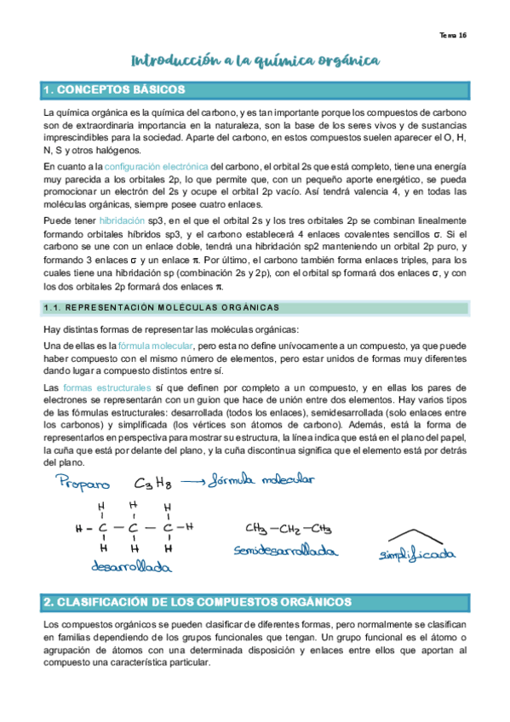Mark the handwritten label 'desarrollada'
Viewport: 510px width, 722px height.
click(x=127, y=566)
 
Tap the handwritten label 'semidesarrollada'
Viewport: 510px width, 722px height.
click(x=282, y=551)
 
